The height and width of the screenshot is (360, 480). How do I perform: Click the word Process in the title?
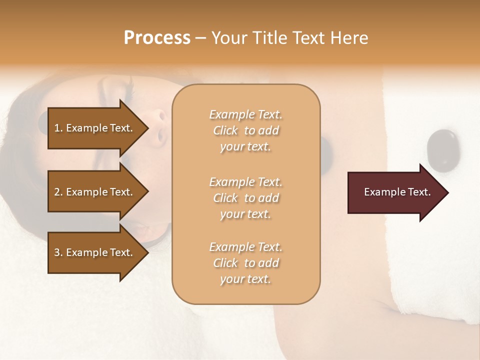pyautogui.click(x=157, y=38)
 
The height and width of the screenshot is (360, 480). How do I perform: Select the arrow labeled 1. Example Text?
pyautogui.click(x=95, y=128)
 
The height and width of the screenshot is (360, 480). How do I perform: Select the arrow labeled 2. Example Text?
pyautogui.click(x=95, y=192)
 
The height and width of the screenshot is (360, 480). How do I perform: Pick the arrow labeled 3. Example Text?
pyautogui.click(x=95, y=252)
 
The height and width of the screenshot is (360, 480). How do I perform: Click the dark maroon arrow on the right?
pyautogui.click(x=395, y=192)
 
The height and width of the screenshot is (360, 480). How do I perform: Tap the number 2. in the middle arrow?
pyautogui.click(x=58, y=192)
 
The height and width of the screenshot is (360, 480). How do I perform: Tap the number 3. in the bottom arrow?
pyautogui.click(x=58, y=252)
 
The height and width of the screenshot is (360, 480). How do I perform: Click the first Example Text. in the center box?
pyautogui.click(x=245, y=114)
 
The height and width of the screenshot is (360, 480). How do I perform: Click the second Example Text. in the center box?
pyautogui.click(x=245, y=181)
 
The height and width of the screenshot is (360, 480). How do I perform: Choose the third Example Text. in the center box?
pyautogui.click(x=245, y=246)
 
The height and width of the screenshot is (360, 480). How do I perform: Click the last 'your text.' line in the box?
pyautogui.click(x=245, y=279)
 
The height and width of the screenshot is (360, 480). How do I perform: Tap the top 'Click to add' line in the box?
pyautogui.click(x=245, y=130)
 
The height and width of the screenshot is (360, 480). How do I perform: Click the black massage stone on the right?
pyautogui.click(x=441, y=147)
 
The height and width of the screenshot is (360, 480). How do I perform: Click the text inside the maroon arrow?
pyautogui.click(x=397, y=192)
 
